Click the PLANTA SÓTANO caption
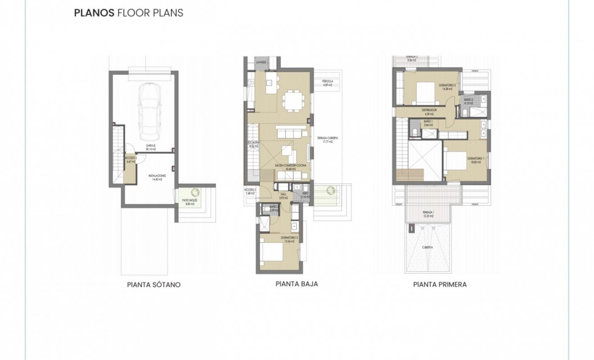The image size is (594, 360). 154,285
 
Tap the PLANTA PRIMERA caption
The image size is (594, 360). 440,284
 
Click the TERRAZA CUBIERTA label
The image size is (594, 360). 327,139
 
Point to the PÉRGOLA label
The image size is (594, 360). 327,82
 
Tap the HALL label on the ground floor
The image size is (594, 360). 283,195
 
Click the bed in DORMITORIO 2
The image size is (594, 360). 425,91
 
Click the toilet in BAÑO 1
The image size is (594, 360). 414,132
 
